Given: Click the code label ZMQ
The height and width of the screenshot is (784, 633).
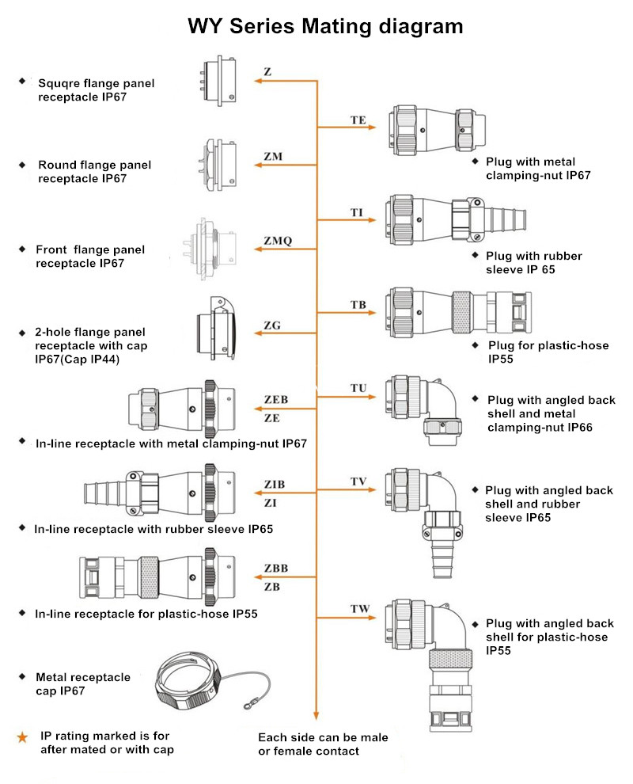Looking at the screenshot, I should point(277,241).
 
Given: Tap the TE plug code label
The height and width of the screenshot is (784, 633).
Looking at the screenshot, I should point(358,120).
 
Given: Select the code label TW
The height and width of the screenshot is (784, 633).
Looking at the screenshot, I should point(360,609).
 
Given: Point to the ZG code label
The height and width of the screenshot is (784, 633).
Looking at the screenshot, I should point(272,325).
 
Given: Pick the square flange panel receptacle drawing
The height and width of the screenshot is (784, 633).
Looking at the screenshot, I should point(218,81).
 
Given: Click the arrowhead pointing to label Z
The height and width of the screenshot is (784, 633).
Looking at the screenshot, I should point(256,81).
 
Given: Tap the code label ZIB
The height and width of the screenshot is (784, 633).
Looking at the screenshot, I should point(274,484).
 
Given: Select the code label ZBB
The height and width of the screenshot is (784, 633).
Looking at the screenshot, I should point(275,569).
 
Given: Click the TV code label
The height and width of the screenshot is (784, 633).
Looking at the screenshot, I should point(358,481).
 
